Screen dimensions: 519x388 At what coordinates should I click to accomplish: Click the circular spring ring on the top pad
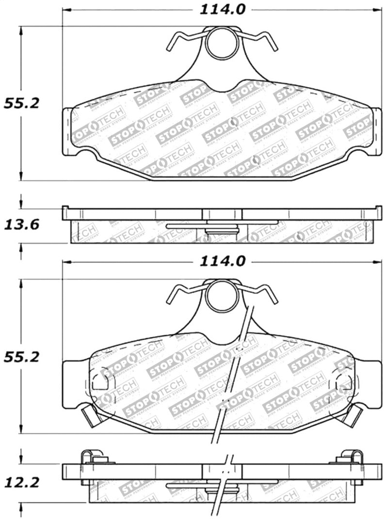pyautogui.click(x=222, y=43)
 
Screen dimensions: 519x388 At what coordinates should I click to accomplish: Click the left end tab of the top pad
pyautogui.click(x=67, y=131)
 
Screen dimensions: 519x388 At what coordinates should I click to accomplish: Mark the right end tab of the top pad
pyautogui.click(x=377, y=131)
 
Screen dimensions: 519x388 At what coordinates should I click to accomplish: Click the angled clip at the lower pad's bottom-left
pyautogui.click(x=91, y=415)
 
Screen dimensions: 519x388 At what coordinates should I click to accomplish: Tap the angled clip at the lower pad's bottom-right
pyautogui.click(x=354, y=415)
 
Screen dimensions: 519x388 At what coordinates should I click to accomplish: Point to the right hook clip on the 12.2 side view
pyautogui.click(x=353, y=458)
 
